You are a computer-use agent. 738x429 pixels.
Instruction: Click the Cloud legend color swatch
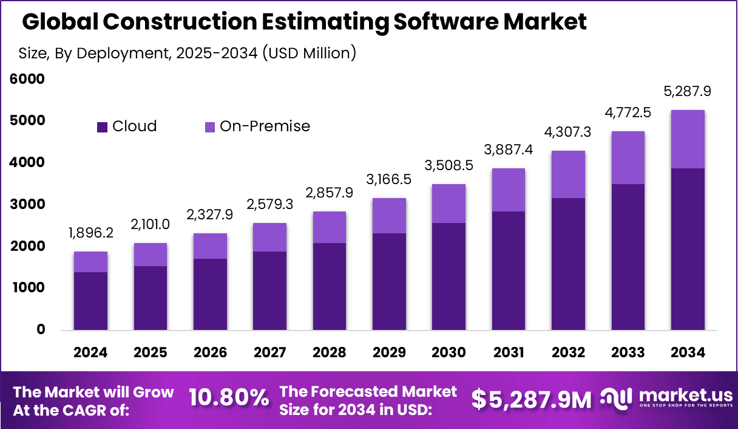(102, 126)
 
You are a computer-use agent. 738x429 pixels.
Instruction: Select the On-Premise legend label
(265, 126)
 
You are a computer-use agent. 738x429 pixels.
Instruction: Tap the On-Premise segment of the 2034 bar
(688, 139)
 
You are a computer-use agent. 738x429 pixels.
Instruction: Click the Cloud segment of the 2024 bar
(90, 301)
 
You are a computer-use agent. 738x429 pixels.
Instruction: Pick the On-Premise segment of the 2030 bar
(449, 204)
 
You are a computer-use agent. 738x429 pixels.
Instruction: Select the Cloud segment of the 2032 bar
(568, 264)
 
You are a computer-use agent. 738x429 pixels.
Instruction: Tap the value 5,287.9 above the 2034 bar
(687, 92)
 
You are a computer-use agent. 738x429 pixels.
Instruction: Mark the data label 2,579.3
(269, 204)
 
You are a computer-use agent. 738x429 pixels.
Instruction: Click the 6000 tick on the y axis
(27, 79)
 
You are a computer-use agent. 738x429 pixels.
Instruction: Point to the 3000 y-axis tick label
(27, 205)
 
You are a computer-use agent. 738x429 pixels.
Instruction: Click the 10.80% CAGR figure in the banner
(229, 399)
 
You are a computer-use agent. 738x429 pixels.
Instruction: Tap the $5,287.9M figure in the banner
(531, 399)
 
